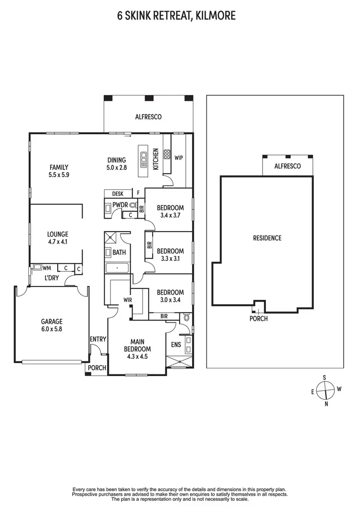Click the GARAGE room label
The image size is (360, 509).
coord(51,321)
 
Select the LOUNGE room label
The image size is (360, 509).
coord(58,235)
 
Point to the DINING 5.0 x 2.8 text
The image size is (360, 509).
coord(116,164)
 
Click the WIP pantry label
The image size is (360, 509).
coord(179,157)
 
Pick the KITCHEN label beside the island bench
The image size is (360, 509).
coord(156,160)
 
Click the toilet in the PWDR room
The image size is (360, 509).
coord(132,205)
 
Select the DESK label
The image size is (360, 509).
coord(118,194)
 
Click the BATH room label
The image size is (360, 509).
coord(120,252)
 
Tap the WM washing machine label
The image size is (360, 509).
coord(47,268)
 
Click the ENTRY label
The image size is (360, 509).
coord(97,339)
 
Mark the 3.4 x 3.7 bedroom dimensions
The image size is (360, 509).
coord(170,215)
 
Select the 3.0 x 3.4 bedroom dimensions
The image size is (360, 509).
coord(170,300)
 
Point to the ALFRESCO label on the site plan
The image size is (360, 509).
coord(287,166)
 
